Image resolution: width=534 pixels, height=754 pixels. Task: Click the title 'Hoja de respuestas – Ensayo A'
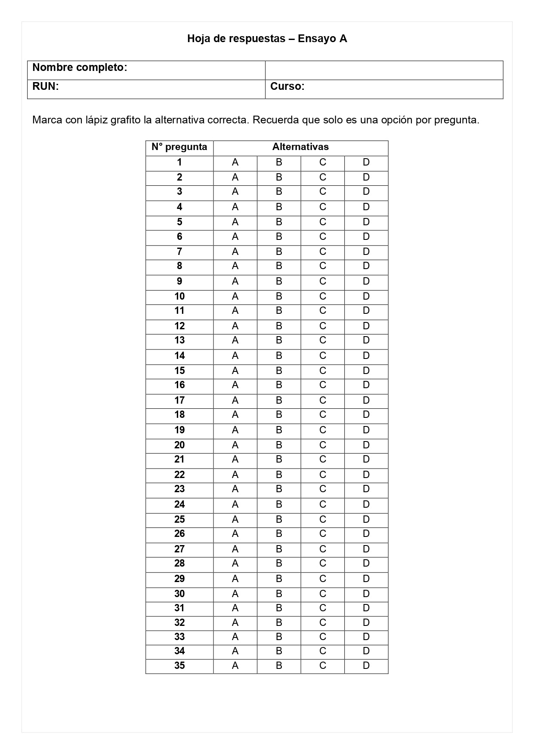pyautogui.click(x=267, y=39)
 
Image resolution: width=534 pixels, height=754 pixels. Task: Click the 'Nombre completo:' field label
pyautogui.click(x=80, y=67)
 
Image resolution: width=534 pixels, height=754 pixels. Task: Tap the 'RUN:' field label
pyautogui.click(x=45, y=86)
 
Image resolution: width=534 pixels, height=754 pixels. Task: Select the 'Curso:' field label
pyautogui.click(x=287, y=86)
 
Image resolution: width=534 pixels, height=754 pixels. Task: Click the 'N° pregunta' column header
pyautogui.click(x=179, y=147)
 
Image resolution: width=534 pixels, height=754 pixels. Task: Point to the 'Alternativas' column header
pyautogui.click(x=300, y=147)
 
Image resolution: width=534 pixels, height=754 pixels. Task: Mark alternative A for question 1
pyautogui.click(x=235, y=162)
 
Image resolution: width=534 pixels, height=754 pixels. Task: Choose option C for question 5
pyautogui.click(x=323, y=222)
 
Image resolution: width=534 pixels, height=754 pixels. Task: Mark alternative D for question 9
pyautogui.click(x=366, y=282)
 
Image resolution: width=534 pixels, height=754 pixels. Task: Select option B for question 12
pyautogui.click(x=279, y=326)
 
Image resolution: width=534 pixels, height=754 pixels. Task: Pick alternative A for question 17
pyautogui.click(x=235, y=401)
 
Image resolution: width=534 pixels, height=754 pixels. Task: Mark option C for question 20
pyautogui.click(x=323, y=445)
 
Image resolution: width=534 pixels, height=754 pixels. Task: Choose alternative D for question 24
pyautogui.click(x=366, y=505)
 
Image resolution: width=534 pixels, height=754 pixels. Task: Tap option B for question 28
pyautogui.click(x=279, y=564)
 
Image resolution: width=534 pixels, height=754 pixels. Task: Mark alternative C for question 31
pyautogui.click(x=323, y=608)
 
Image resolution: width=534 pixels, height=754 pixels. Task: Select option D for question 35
pyautogui.click(x=366, y=666)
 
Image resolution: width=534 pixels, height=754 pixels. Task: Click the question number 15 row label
pyautogui.click(x=179, y=371)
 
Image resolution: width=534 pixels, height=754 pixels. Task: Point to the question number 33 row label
pyautogui.click(x=179, y=637)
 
